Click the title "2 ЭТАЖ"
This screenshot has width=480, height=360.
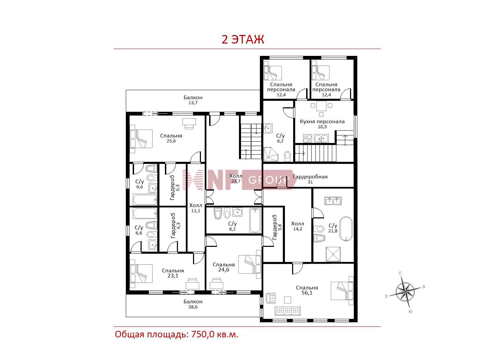[243, 39]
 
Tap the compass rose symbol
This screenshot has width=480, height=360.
[405, 292]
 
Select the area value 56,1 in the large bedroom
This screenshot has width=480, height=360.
[307, 293]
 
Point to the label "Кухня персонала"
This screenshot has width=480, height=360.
[322, 121]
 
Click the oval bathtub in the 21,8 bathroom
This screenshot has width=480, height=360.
[346, 229]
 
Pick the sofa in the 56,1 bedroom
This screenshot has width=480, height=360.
[288, 311]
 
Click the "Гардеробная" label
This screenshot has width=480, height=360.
[310, 177]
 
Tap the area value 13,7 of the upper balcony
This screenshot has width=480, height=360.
[193, 103]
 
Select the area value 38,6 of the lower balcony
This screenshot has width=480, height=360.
[193, 307]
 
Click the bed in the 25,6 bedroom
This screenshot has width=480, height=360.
[141, 139]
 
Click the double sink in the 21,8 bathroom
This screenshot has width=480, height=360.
[333, 201]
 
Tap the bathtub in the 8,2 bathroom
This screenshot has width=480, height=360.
[255, 220]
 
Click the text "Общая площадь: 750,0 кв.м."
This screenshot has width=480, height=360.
[177, 334]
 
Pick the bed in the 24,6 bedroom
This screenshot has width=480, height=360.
[250, 264]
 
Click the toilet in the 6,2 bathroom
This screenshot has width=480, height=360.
[288, 156]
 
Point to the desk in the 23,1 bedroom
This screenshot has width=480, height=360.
[192, 284]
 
